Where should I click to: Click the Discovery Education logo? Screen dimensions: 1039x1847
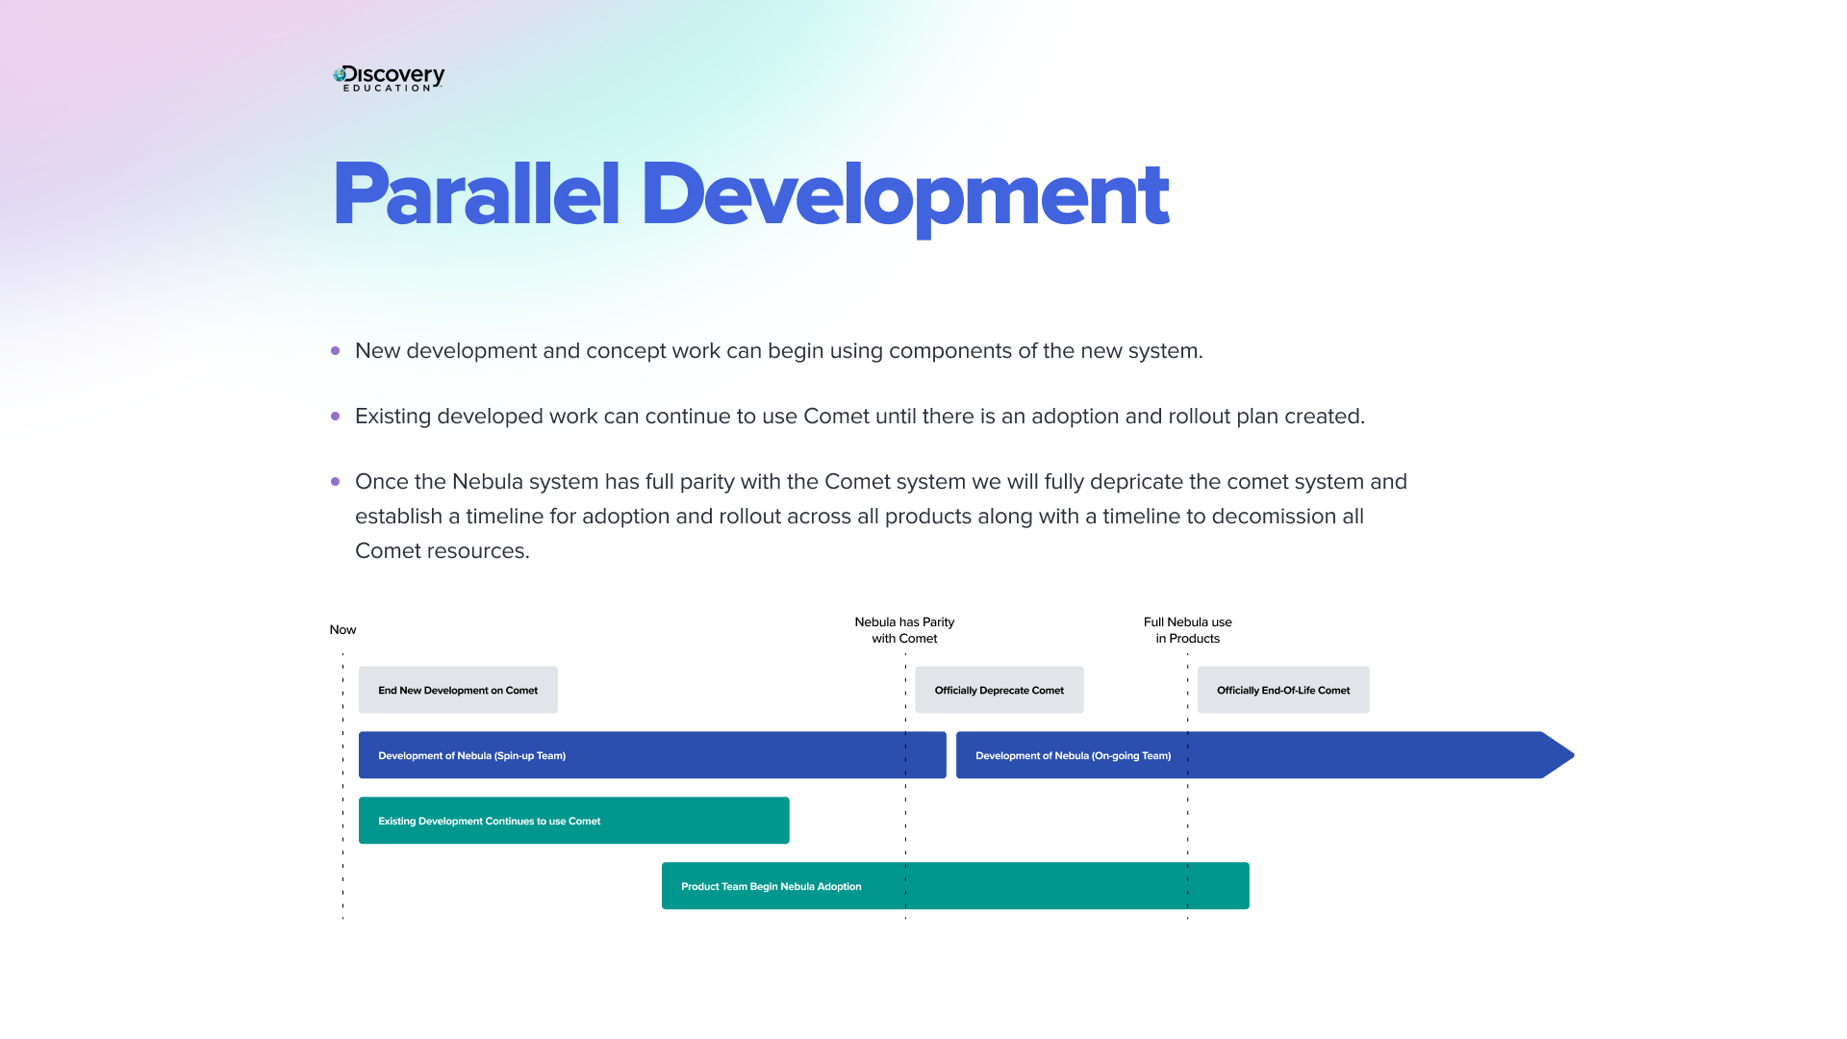[x=389, y=78]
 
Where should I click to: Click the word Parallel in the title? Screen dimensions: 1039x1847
[x=475, y=195]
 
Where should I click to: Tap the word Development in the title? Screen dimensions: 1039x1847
[x=903, y=195]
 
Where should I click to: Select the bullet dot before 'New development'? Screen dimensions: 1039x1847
[x=335, y=351]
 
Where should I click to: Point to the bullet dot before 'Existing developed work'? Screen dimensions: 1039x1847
[x=335, y=417]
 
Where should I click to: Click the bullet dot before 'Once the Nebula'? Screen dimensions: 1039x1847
[x=335, y=482]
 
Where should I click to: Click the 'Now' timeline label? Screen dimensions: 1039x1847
[x=342, y=630]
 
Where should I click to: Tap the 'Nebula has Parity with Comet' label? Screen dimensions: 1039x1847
[x=904, y=630]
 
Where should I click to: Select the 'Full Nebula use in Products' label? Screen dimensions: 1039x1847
[x=1187, y=630]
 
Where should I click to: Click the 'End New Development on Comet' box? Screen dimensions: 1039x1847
[x=458, y=690]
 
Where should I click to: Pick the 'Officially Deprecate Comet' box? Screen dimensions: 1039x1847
[x=999, y=690]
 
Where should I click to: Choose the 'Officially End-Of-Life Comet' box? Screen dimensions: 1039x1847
[x=1282, y=690]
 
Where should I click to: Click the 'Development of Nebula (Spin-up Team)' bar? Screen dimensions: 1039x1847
[x=652, y=755]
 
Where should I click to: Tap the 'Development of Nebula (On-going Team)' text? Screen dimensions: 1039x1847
[x=1073, y=756]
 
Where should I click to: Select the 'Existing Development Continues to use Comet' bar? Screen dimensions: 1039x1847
[x=573, y=821]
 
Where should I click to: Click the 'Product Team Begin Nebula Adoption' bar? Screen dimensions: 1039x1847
[x=954, y=886]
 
